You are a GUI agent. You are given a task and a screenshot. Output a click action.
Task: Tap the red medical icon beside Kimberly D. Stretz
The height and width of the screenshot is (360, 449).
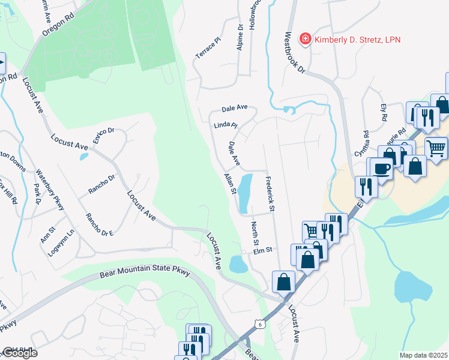(x=306, y=40)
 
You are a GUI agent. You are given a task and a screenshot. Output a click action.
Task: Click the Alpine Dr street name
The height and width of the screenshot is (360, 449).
(x=240, y=37)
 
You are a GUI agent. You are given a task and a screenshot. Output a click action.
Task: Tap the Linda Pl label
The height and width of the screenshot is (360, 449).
(x=226, y=126)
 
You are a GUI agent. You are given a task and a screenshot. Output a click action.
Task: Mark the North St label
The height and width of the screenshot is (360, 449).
(x=255, y=233)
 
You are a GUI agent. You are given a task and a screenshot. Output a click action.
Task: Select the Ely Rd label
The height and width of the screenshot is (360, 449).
(x=384, y=112)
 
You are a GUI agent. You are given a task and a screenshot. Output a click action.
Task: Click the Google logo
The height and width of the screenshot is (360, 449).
(x=19, y=353)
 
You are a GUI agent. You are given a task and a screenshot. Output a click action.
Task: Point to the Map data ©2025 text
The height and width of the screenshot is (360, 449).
(x=424, y=355)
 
